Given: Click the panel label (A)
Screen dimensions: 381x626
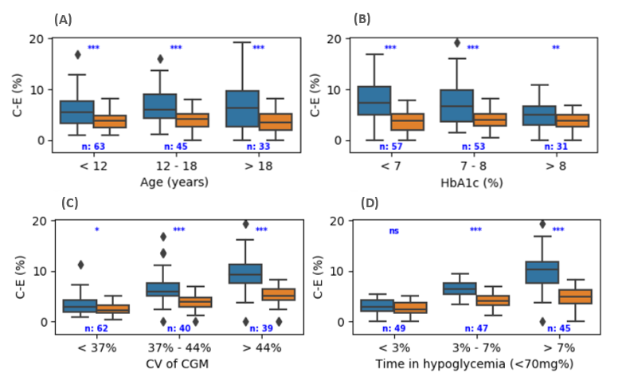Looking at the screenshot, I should point(63,18).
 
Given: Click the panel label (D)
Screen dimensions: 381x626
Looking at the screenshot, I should point(370,202).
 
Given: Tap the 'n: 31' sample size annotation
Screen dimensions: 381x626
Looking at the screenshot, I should point(556,147).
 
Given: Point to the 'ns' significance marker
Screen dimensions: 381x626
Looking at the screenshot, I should point(393,230).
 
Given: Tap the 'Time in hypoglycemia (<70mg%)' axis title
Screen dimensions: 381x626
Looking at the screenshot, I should point(475,364).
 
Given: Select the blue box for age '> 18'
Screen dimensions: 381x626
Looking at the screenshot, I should point(242,108).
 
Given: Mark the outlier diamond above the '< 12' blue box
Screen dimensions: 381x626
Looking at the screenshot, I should point(78,55).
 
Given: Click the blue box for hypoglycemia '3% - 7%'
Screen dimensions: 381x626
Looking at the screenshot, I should point(460,288).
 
